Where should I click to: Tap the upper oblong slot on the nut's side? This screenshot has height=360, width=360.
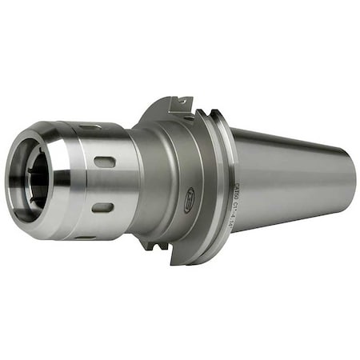coord(104,162)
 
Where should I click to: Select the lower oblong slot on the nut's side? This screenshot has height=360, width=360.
coord(102,208)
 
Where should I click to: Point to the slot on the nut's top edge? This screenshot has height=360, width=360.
coord(90,126)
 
